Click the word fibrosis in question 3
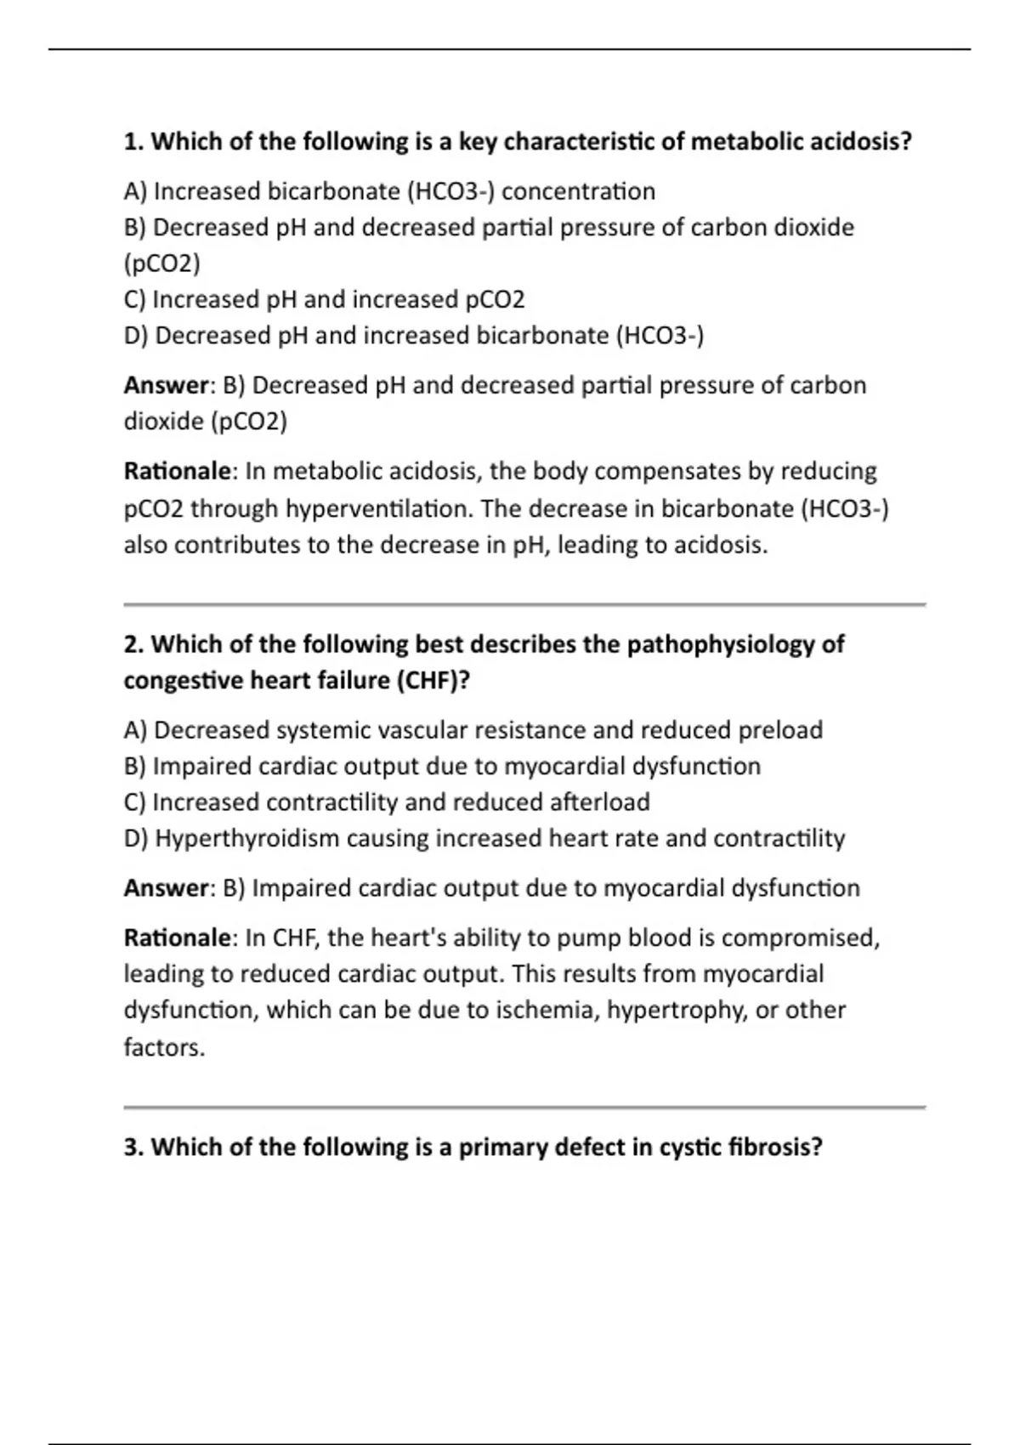[x=776, y=1147]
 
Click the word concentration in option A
[x=578, y=191]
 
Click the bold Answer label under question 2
[x=166, y=888]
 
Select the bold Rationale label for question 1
[x=177, y=471]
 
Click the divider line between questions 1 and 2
[x=524, y=604]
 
